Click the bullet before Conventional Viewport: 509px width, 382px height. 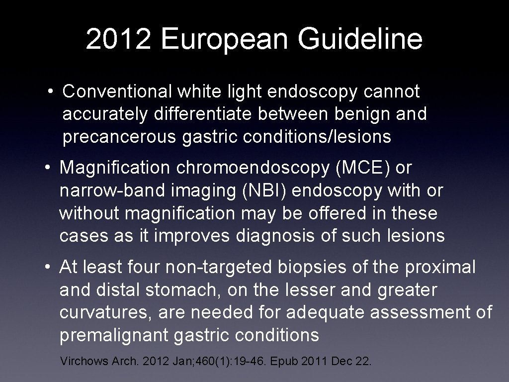(x=51, y=92)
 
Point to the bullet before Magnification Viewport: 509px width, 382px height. (x=48, y=169)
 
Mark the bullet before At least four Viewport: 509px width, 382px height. (x=48, y=268)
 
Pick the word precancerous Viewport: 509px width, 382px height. (x=119, y=137)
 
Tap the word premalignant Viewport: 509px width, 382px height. (x=114, y=336)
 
